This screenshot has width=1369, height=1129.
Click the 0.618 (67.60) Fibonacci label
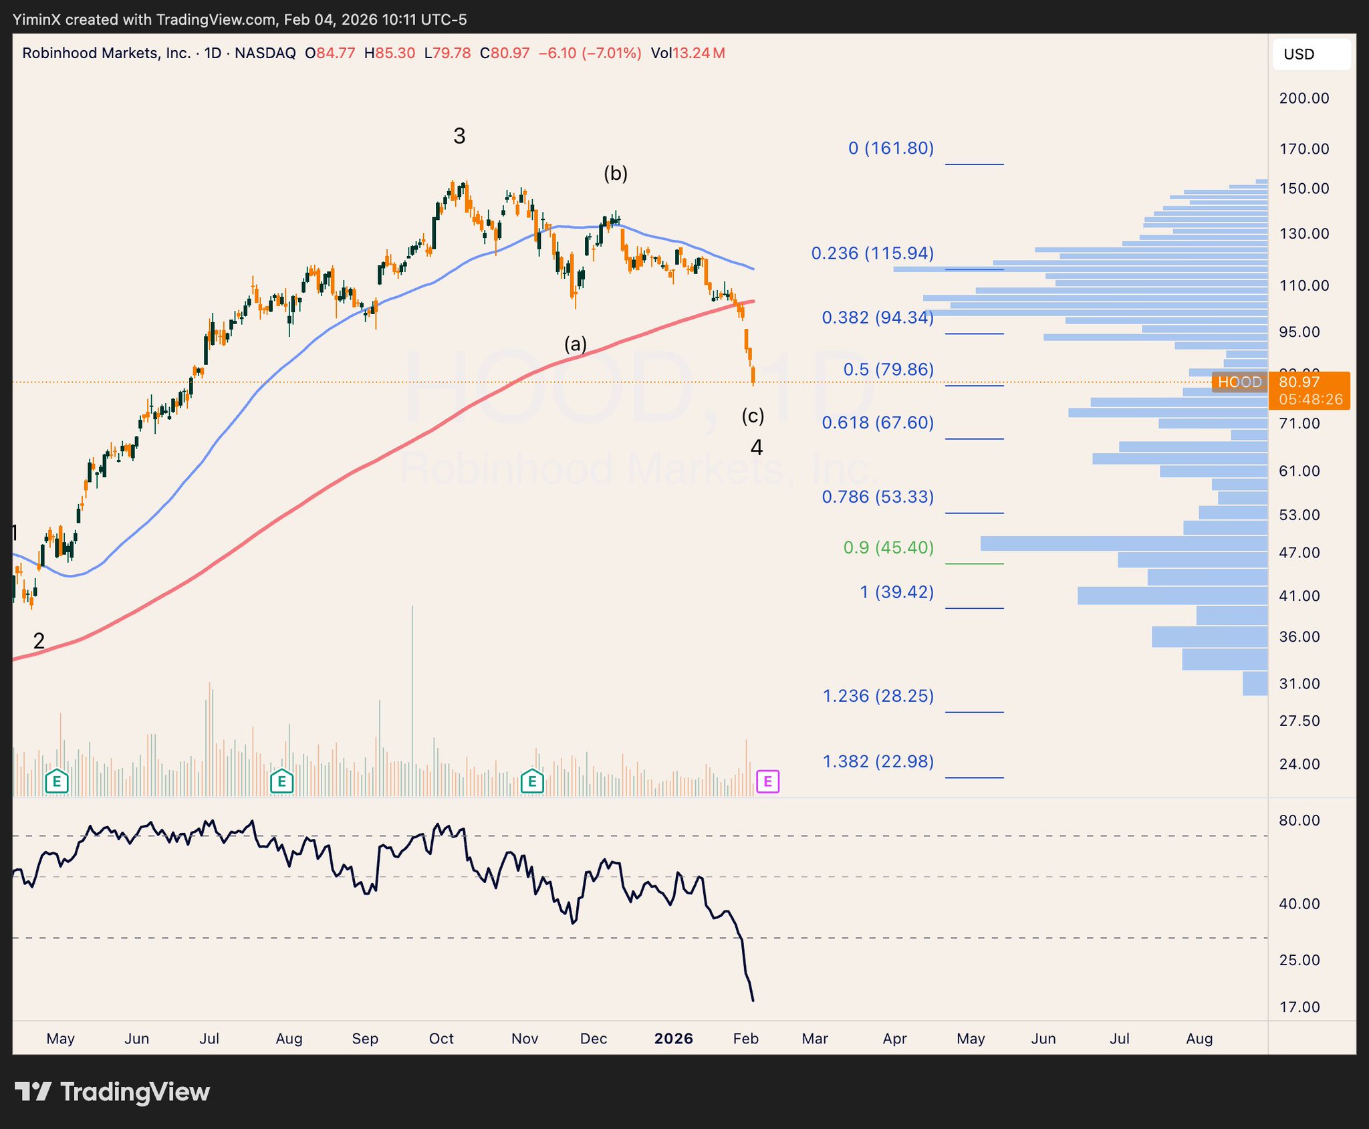pyautogui.click(x=878, y=422)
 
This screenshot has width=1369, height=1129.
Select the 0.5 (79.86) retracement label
pyautogui.click(x=888, y=370)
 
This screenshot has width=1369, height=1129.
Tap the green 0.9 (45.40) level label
pyautogui.click(x=888, y=547)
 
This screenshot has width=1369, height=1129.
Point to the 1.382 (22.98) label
pyautogui.click(x=878, y=761)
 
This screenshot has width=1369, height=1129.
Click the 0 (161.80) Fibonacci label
pyautogui.click(x=890, y=148)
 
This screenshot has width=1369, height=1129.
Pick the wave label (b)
pyautogui.click(x=616, y=174)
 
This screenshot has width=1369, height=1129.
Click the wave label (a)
pyautogui.click(x=576, y=344)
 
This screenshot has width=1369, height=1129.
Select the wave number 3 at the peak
pyautogui.click(x=459, y=136)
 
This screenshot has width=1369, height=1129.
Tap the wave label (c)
pyautogui.click(x=753, y=416)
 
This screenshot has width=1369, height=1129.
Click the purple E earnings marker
pyautogui.click(x=767, y=781)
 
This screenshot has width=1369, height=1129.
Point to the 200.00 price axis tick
pyautogui.click(x=1304, y=98)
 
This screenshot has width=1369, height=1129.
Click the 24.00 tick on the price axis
pyautogui.click(x=1299, y=763)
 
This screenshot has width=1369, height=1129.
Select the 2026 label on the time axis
pyautogui.click(x=673, y=1038)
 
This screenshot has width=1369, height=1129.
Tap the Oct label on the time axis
pyautogui.click(x=441, y=1038)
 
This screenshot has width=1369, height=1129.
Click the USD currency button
pyautogui.click(x=1311, y=54)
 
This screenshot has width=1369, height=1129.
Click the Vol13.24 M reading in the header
pyautogui.click(x=688, y=53)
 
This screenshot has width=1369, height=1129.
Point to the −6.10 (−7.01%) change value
pyautogui.click(x=590, y=53)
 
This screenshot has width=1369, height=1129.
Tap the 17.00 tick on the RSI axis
pyautogui.click(x=1299, y=1007)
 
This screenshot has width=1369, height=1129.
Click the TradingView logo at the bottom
pyautogui.click(x=112, y=1092)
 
